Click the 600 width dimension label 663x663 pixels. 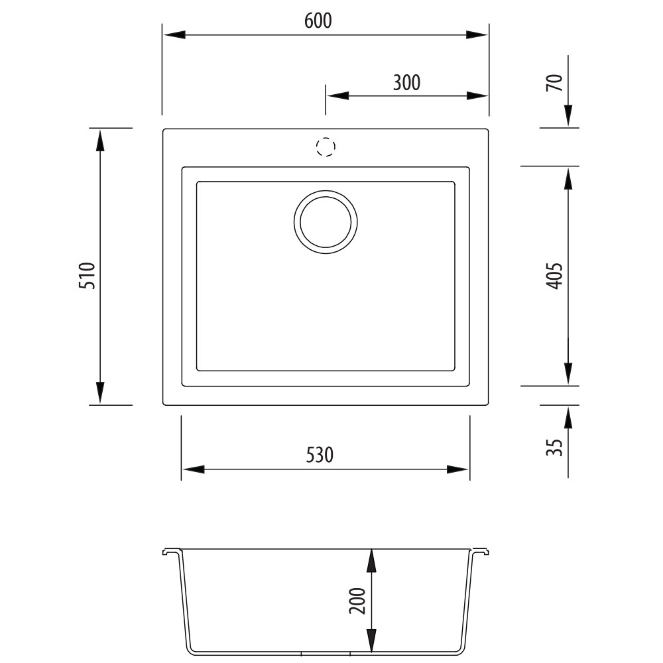[318, 21]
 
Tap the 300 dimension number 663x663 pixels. [406, 82]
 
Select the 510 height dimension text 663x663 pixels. [88, 276]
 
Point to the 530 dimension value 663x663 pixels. [320, 455]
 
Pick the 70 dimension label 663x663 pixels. [555, 82]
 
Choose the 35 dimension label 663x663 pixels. [555, 448]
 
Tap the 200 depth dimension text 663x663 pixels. [357, 601]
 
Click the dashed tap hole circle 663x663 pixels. [326, 147]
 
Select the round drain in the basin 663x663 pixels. [326, 222]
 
